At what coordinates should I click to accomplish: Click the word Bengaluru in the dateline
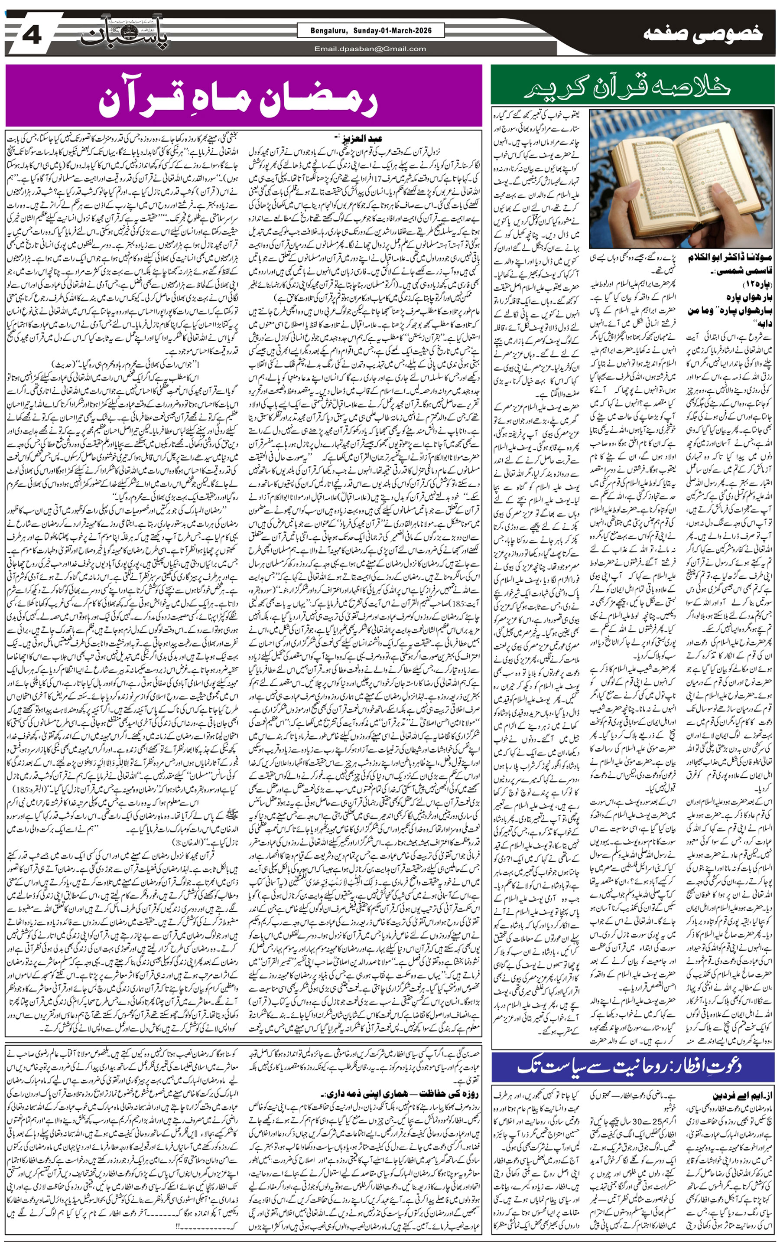pyautogui.click(x=328, y=31)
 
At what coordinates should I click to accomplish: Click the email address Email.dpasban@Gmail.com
pyautogui.click(x=370, y=49)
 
